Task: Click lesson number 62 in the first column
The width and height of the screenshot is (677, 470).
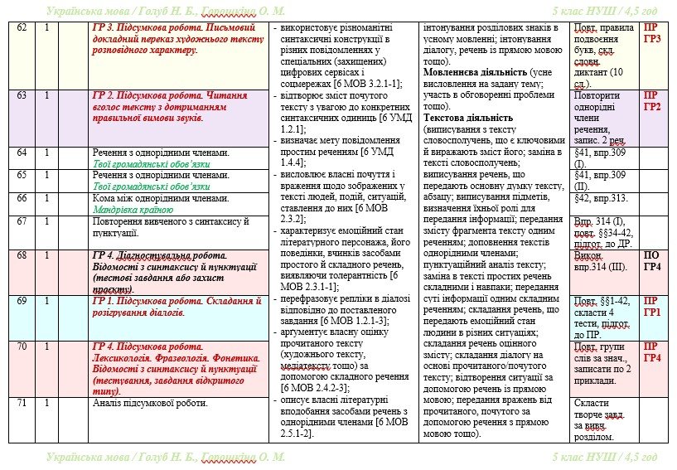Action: pyautogui.click(x=22, y=28)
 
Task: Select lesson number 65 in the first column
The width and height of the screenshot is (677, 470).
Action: pyautogui.click(x=22, y=176)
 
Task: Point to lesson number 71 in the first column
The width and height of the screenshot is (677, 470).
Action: pyautogui.click(x=22, y=403)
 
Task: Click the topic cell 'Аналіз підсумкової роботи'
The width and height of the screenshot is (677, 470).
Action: pyautogui.click(x=150, y=404)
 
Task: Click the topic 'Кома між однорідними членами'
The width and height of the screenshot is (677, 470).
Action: pyautogui.click(x=160, y=198)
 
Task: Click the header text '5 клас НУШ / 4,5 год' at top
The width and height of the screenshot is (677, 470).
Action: pyautogui.click(x=604, y=11)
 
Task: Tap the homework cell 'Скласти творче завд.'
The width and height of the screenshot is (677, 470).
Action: pyautogui.click(x=602, y=414)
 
